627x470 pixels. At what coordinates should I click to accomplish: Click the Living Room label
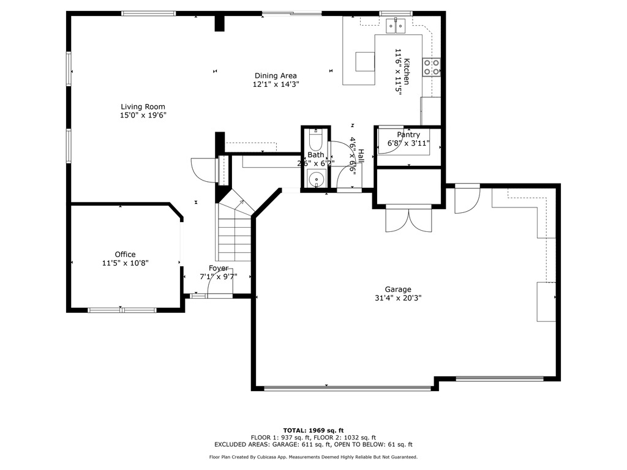(x=143, y=106)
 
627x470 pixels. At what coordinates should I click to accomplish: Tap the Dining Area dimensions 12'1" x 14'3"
(x=276, y=84)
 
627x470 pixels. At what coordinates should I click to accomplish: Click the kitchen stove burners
(x=431, y=67)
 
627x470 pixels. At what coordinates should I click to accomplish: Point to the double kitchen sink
(x=396, y=26)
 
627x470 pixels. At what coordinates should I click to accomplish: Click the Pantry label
(x=408, y=135)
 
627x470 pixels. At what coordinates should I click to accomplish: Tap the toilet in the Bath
(x=315, y=141)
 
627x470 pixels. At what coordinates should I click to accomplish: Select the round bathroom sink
(x=316, y=179)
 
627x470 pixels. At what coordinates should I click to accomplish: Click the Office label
(x=125, y=255)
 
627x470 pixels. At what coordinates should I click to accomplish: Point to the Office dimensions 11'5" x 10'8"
(x=125, y=263)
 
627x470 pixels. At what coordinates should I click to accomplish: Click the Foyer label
(x=219, y=268)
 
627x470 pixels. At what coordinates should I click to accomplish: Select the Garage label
(x=398, y=289)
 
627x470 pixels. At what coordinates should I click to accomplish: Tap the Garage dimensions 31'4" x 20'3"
(x=398, y=298)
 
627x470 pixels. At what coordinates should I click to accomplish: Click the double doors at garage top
(x=409, y=220)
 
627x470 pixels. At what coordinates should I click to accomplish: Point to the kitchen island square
(x=365, y=61)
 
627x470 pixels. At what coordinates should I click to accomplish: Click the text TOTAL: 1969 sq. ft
(x=313, y=430)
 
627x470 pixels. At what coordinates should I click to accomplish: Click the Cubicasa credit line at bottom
(x=313, y=457)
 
